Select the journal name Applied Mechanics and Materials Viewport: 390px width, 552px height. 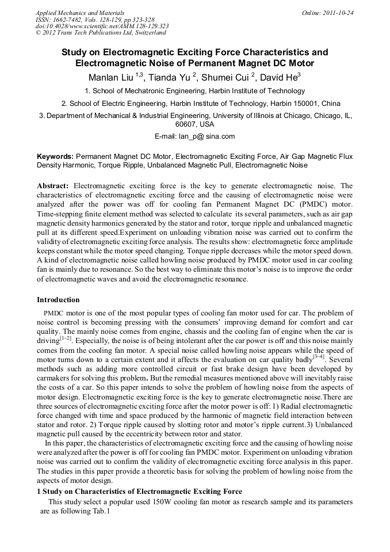coord(80,12)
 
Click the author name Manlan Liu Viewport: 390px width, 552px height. coord(111,77)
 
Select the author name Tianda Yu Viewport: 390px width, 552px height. coord(172,77)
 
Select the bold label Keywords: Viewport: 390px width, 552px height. coord(55,157)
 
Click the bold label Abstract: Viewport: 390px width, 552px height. coord(53,186)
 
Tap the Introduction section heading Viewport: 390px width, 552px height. coord(58,300)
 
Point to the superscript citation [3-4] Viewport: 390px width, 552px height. coord(317,357)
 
